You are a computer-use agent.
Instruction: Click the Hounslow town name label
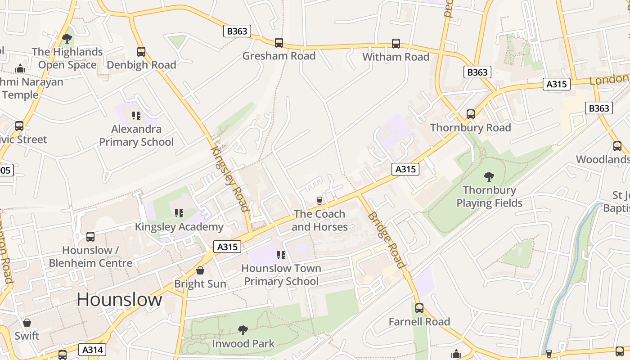point(119,300)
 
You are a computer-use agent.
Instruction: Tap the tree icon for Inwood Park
point(243,330)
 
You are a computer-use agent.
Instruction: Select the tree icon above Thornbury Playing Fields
point(489,176)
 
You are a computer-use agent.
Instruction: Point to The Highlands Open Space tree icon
point(67,39)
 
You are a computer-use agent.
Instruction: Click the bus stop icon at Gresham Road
point(279,43)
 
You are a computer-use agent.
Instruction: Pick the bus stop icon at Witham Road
point(396,44)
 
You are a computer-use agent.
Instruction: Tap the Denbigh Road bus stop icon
point(141,52)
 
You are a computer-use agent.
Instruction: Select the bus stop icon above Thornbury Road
point(471,114)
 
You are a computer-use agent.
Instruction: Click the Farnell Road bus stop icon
point(419,308)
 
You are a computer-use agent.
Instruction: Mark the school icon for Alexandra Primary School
point(136,116)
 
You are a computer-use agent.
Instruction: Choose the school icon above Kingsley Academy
point(179,213)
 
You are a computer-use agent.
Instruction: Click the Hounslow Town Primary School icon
point(282,255)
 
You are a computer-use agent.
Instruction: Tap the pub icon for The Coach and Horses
point(319,200)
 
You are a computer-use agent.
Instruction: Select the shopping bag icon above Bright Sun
point(200,270)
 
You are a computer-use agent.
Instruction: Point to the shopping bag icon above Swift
point(27,323)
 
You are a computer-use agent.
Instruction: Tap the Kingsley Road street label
point(230,178)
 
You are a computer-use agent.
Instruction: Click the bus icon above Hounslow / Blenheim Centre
point(90,237)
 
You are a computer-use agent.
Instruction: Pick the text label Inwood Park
point(243,344)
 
